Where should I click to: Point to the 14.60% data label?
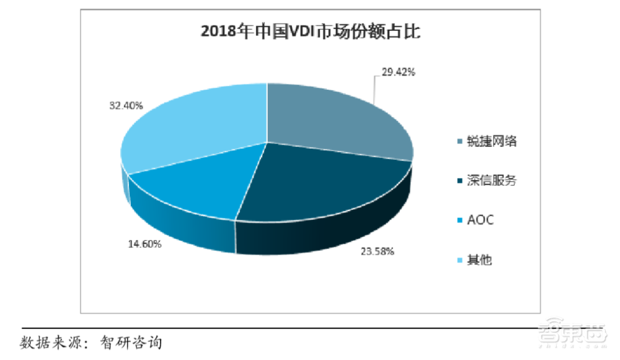tap(144, 244)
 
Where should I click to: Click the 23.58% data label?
tap(376, 252)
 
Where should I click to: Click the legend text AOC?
tap(480, 221)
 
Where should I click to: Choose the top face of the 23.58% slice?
tap(316, 186)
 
